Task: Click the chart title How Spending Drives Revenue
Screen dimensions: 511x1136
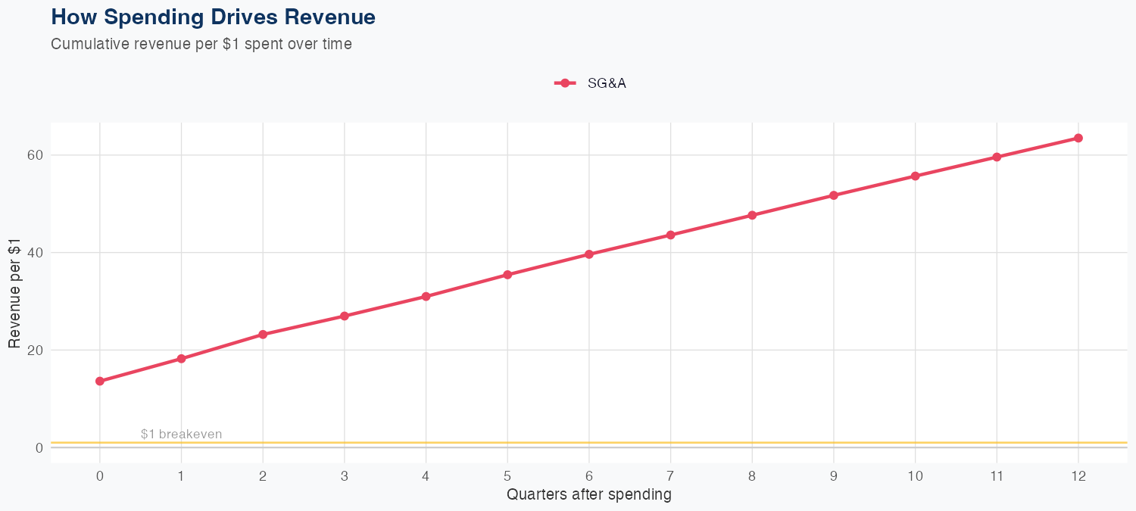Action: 213,17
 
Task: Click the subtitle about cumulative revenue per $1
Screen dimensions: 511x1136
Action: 201,44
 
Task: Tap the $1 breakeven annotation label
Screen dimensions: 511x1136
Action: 181,434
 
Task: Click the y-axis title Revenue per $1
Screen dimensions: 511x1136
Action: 14,301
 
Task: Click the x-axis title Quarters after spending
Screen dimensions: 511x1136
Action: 588,495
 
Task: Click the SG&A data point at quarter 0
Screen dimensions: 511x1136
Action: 100,381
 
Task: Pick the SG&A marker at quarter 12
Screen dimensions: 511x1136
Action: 1078,138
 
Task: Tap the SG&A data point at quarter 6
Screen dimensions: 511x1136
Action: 589,254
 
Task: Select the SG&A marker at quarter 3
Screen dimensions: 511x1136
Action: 345,316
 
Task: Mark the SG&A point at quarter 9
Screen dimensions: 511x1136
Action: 834,195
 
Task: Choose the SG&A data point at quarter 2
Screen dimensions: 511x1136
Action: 263,334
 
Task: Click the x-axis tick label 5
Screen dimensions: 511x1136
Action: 507,476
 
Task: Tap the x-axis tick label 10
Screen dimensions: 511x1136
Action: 915,476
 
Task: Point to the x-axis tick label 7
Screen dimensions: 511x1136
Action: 670,476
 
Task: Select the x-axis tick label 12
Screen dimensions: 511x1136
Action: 1078,476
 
